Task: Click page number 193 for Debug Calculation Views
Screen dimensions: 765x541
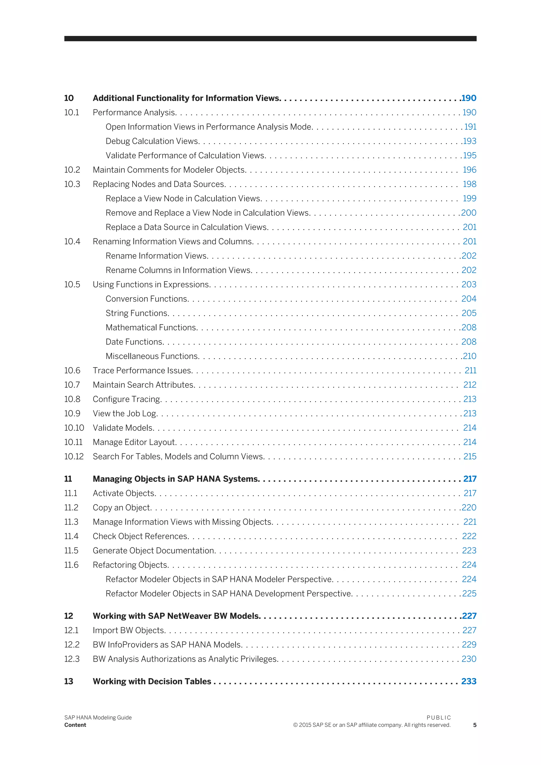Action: click(470, 141)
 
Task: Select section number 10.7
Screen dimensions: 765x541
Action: click(72, 385)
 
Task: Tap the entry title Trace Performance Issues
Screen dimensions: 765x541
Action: click(142, 371)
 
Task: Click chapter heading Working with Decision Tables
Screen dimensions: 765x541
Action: click(152, 681)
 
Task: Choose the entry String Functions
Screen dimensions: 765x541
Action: click(137, 313)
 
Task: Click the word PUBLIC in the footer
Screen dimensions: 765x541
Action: click(439, 718)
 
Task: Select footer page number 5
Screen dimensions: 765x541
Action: click(475, 725)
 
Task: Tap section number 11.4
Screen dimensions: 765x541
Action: click(71, 536)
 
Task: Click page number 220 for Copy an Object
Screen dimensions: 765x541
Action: click(469, 507)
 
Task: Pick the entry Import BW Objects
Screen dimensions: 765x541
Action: click(129, 630)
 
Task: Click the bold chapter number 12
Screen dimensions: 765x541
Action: click(69, 616)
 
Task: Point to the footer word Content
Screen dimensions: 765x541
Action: click(75, 725)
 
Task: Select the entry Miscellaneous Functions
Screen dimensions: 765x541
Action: click(152, 356)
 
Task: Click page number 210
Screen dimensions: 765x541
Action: click(470, 356)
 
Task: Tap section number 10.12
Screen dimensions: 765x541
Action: click(74, 456)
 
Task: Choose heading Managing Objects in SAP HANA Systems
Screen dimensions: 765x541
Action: click(176, 479)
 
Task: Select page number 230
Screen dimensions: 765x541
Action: click(469, 659)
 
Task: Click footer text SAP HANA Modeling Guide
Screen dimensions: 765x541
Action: click(98, 718)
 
